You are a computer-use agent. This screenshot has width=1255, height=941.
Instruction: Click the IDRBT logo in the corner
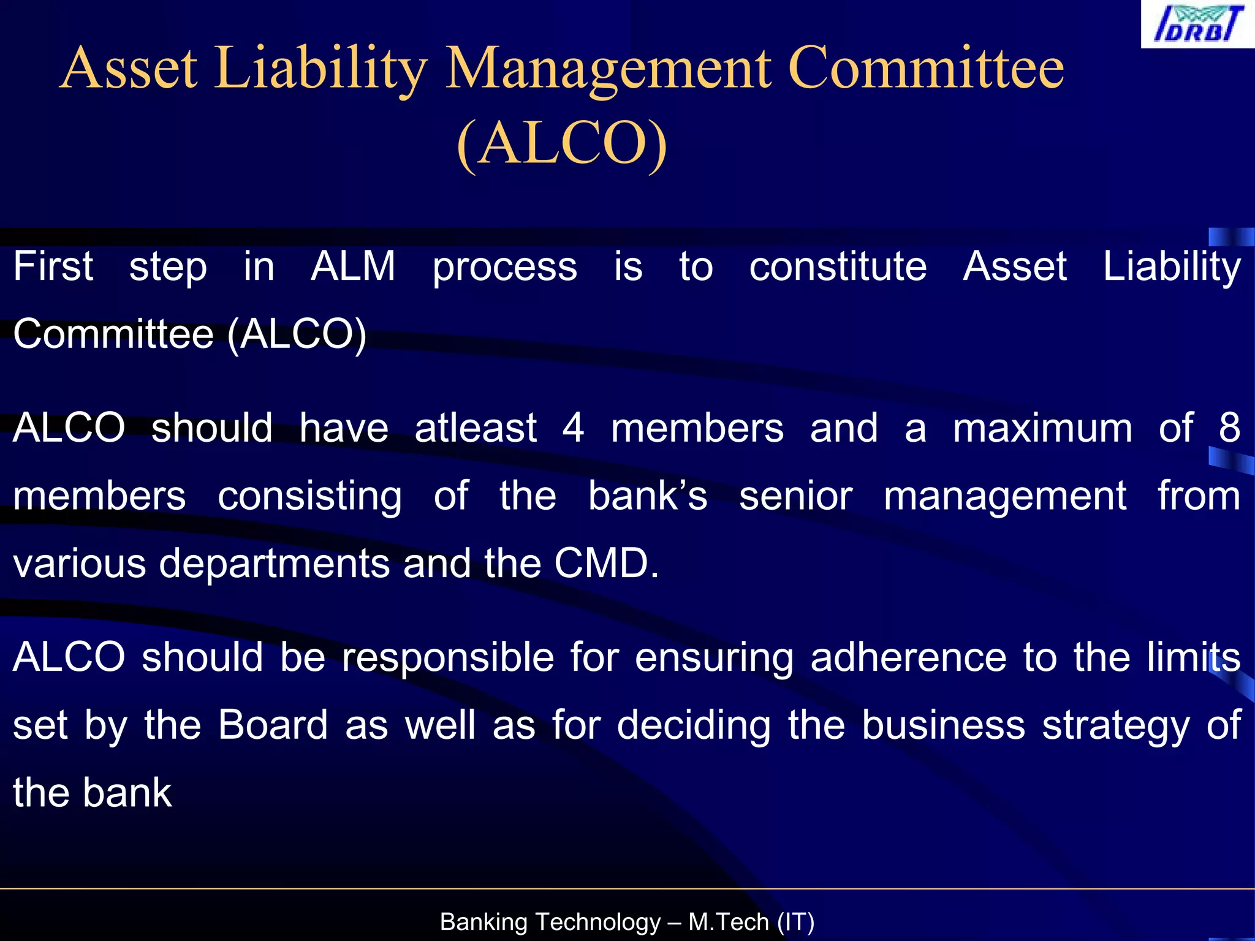[x=1197, y=25]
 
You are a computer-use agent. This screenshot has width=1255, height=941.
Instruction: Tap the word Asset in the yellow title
[x=129, y=69]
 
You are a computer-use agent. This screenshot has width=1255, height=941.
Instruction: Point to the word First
[x=53, y=266]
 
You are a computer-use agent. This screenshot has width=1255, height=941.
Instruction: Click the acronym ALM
[x=353, y=266]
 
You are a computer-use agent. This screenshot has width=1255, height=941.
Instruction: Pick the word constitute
[x=838, y=266]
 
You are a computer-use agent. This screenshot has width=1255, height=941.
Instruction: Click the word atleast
[x=476, y=428]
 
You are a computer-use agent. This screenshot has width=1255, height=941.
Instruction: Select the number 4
[x=574, y=428]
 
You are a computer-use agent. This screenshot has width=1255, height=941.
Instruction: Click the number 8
[x=1229, y=428]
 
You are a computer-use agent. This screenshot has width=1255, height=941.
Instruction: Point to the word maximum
[x=1042, y=428]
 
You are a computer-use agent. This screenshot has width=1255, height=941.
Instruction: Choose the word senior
[x=795, y=496]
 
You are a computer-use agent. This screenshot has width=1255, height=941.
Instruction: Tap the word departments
[x=274, y=564]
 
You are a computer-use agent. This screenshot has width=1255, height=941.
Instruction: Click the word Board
[x=273, y=725]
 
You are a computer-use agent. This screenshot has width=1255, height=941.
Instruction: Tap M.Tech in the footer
[x=728, y=922]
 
